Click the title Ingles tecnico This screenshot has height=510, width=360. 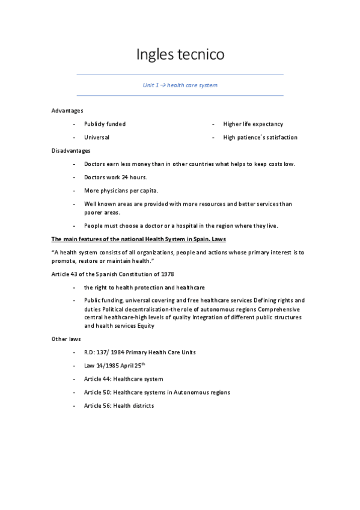pos(180,55)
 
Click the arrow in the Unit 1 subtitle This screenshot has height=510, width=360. pos(162,85)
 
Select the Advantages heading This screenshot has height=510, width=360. pos(67,111)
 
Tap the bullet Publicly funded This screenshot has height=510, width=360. pos(105,124)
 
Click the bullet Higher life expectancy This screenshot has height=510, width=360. pos(252,124)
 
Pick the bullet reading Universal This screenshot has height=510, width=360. pos(96,137)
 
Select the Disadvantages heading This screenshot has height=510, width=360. pos(71,150)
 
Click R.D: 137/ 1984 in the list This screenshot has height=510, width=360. pos(108,352)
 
